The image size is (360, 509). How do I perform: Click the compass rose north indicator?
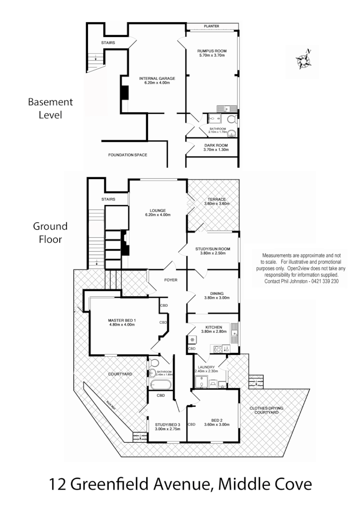click(304, 60)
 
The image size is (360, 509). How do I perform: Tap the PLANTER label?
click(211, 26)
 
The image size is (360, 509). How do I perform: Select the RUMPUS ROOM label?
click(212, 51)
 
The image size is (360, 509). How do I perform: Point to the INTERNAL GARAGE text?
click(157, 78)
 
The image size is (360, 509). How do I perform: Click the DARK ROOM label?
click(215, 145)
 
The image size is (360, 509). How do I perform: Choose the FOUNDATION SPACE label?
click(127, 155)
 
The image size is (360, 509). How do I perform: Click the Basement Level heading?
click(50, 109)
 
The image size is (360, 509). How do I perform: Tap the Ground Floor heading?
click(50, 232)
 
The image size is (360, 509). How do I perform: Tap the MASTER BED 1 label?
click(122, 320)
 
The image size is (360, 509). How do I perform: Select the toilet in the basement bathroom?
click(232, 120)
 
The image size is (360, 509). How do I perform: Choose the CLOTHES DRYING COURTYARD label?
click(267, 411)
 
